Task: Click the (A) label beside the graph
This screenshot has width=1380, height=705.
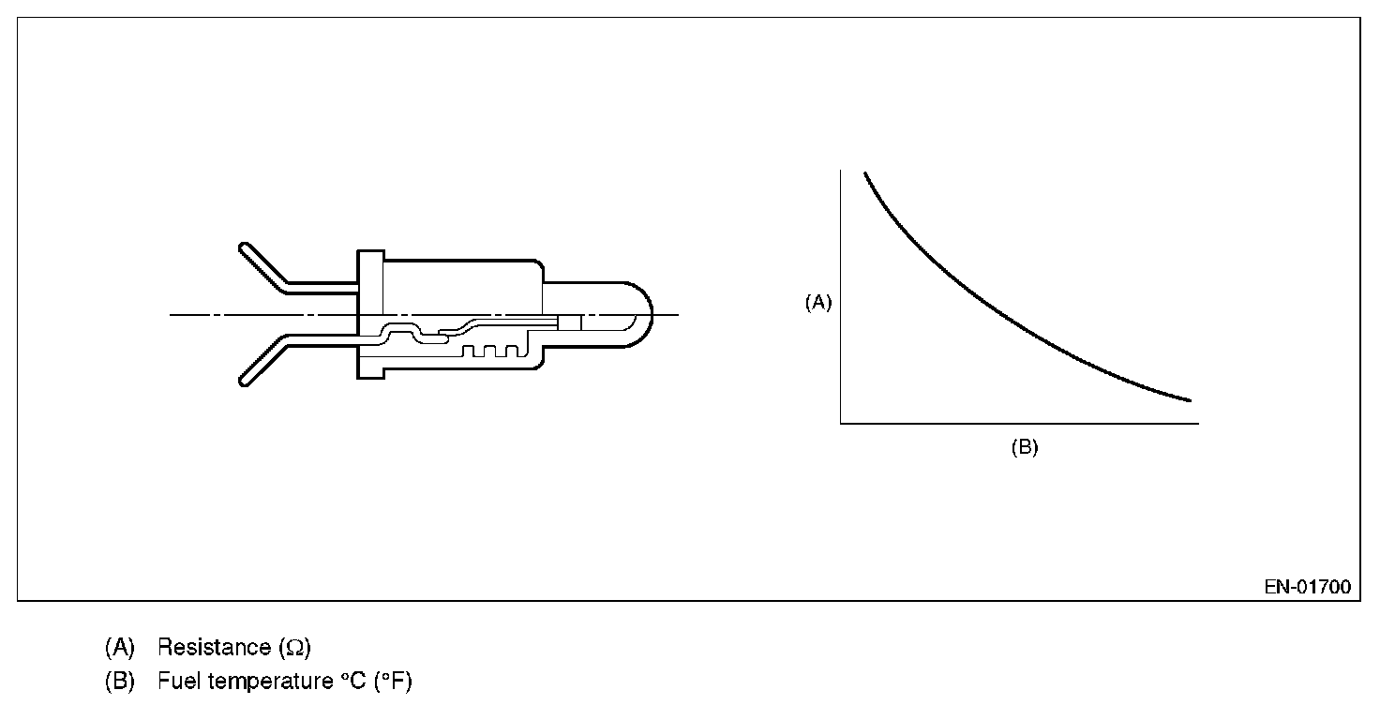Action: coord(818,303)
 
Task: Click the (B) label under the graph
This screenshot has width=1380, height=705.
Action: coord(1025,447)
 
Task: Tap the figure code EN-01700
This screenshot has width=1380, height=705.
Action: coord(1307,587)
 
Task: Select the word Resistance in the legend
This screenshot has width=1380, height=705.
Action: coord(214,647)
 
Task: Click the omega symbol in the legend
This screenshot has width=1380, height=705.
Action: coord(294,648)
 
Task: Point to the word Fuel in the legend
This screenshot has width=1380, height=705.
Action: coord(175,681)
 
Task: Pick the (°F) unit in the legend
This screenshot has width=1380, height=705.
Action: coord(393,681)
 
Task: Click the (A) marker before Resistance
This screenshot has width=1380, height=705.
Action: coord(119,648)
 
